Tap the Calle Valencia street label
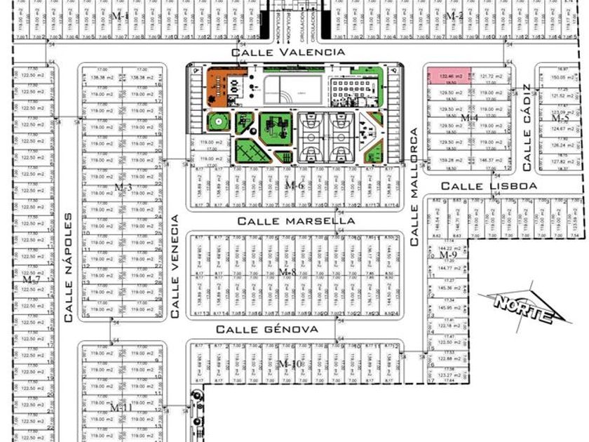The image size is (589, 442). [288, 52]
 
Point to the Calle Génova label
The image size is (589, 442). [266, 328]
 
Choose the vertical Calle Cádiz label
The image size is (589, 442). [526, 128]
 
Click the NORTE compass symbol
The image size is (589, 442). [522, 307]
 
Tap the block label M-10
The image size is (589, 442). [288, 363]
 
